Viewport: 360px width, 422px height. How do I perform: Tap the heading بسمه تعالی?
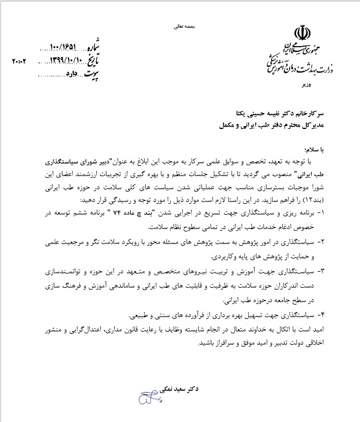tap(184, 26)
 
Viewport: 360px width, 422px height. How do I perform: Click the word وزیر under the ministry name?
tap(305, 84)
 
